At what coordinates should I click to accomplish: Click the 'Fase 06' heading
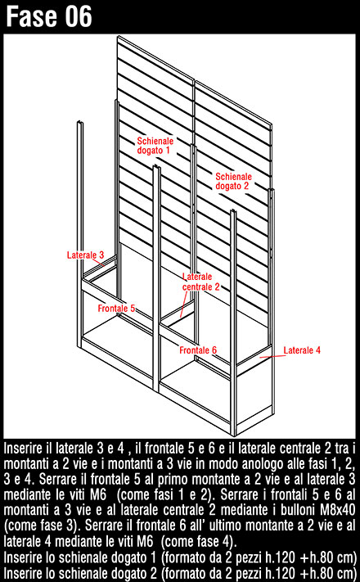point(49,16)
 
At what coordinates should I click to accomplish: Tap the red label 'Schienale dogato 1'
point(155,146)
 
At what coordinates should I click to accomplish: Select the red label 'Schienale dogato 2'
point(233,181)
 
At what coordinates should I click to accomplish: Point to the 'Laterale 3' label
point(85,255)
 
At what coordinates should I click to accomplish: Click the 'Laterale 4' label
point(302,350)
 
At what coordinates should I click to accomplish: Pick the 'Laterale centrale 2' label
point(200,282)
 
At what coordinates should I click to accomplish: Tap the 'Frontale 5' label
point(116,308)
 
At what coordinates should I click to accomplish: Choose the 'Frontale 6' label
point(198,350)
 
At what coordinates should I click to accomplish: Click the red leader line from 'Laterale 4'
point(272,356)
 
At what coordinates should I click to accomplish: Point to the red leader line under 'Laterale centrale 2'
point(183,304)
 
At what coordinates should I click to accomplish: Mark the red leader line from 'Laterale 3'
point(98,263)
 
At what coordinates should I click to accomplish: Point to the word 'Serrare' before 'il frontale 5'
point(57,479)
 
